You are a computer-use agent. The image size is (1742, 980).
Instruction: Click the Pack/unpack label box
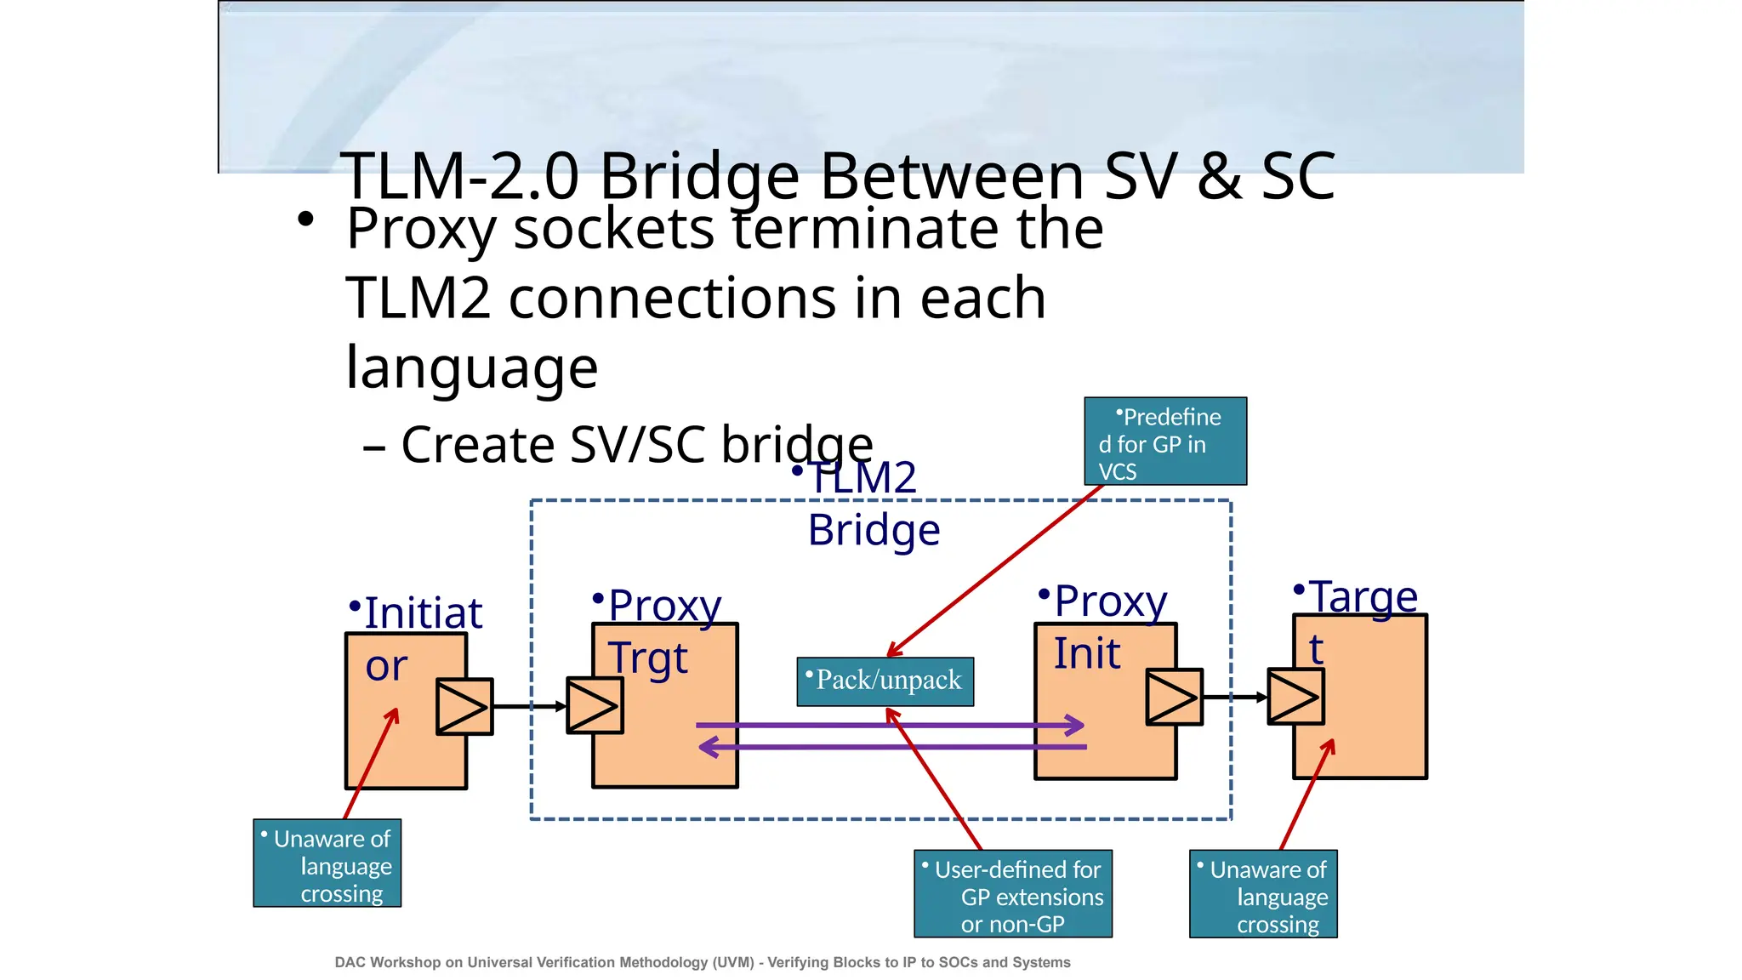[x=885, y=681]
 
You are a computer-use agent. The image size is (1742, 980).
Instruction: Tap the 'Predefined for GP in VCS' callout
[x=1165, y=442]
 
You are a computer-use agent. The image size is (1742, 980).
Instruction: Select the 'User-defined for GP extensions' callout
[x=1013, y=894]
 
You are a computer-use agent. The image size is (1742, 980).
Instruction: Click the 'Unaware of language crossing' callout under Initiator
[x=327, y=863]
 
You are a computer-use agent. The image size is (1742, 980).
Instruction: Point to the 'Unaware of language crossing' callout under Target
[x=1263, y=894]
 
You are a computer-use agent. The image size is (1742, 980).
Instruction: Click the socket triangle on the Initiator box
[x=464, y=706]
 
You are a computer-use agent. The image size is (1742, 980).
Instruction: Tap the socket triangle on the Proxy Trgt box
[x=595, y=705]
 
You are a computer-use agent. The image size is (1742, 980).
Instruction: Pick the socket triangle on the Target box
[x=1295, y=697]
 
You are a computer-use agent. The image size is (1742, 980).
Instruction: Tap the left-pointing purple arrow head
[x=709, y=748]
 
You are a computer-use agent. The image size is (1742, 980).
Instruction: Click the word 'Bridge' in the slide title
[x=699, y=177]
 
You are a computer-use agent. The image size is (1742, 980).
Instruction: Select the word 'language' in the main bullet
[x=472, y=367]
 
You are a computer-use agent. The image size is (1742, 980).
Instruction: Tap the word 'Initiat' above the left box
[x=423, y=613]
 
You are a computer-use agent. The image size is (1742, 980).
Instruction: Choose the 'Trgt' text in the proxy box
[x=648, y=659]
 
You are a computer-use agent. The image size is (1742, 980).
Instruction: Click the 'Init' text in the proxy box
[x=1087, y=654]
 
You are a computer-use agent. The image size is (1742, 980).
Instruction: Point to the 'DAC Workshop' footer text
[x=702, y=962]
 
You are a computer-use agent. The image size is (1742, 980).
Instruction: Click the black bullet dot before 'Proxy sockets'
[x=306, y=219]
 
